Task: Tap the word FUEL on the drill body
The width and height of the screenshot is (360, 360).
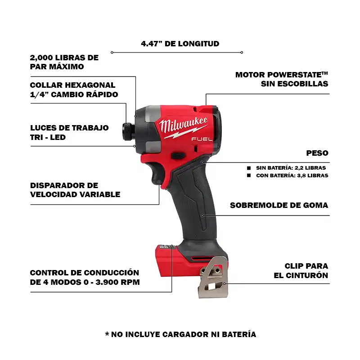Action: tap(202, 139)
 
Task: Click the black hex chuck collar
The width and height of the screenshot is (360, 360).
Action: tap(128, 131)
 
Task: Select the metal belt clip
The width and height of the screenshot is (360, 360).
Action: tap(213, 277)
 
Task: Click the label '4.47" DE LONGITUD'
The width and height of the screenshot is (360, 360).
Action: tap(180, 44)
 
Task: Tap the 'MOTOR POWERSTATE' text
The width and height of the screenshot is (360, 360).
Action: tap(282, 75)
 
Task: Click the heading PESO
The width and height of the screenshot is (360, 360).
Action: tap(317, 153)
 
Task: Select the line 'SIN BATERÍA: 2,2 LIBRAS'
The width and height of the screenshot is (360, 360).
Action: tap(291, 168)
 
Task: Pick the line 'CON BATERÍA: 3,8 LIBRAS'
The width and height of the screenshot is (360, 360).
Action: tap(292, 175)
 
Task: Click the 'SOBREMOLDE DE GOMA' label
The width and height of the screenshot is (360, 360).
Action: tap(279, 205)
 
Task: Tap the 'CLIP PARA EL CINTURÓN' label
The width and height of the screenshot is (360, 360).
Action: tap(301, 270)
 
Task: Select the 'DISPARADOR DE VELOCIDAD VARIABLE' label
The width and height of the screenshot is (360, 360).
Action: tap(75, 190)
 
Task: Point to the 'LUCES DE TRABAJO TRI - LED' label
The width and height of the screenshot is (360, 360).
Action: tap(69, 132)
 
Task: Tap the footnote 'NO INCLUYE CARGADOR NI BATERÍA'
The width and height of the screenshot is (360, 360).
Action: tap(184, 334)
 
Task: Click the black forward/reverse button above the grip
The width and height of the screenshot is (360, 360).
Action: tap(178, 156)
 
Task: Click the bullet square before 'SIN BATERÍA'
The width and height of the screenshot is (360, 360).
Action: tap(249, 168)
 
